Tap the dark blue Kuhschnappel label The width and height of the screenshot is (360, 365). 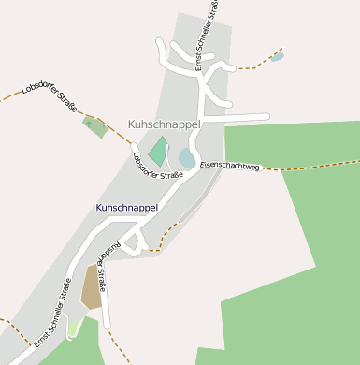[126, 207]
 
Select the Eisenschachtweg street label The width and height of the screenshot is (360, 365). [228, 166]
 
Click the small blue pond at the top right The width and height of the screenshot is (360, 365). [278, 56]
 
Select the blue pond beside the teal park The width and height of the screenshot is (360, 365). [187, 158]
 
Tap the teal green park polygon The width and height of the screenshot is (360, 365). [158, 151]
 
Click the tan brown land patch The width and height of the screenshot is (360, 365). [92, 287]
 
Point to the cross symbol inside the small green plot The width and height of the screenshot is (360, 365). [90, 122]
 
